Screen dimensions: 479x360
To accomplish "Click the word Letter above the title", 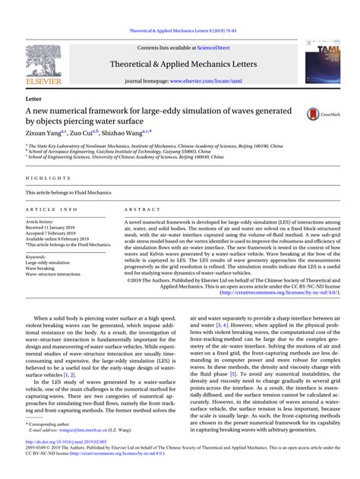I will click(x=33, y=99).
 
